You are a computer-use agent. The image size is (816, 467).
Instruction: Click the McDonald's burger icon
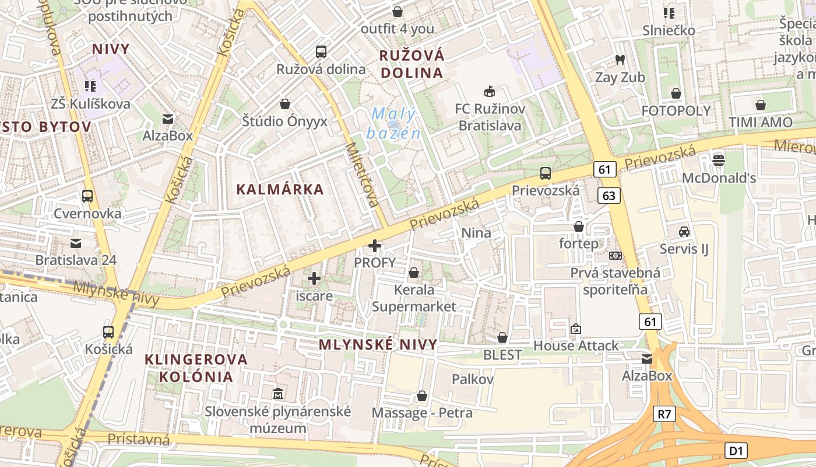pos(719,159)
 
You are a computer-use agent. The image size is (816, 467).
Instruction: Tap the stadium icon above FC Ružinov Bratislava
pos(490,91)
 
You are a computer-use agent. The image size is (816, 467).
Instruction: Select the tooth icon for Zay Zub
pos(620,60)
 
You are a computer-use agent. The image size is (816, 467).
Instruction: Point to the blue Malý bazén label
pos(393,123)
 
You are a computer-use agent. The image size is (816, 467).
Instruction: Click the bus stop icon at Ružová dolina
pos(321,51)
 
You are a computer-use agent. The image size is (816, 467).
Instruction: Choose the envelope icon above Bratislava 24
pos(76,243)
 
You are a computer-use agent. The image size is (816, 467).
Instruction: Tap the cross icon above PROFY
pos(375,245)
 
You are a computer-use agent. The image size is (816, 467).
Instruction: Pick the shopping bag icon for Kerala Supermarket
pos(414,273)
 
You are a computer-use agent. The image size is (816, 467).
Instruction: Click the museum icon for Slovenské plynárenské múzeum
pos(278,393)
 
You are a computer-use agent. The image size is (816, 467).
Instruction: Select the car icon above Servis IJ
pos(684,232)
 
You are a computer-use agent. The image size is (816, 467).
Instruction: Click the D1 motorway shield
pos(736,451)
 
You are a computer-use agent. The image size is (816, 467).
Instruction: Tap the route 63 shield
pos(609,196)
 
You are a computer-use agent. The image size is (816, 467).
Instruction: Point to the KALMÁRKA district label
pos(280,189)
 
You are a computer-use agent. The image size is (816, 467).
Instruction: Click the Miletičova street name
pos(363,175)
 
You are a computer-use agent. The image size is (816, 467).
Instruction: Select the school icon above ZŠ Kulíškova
pos(90,86)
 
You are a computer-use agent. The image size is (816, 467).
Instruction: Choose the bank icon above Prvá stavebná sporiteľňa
pos(615,256)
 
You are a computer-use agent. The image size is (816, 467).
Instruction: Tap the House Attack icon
pos(576,329)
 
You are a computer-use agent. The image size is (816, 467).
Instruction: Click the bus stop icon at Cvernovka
pos(87,196)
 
